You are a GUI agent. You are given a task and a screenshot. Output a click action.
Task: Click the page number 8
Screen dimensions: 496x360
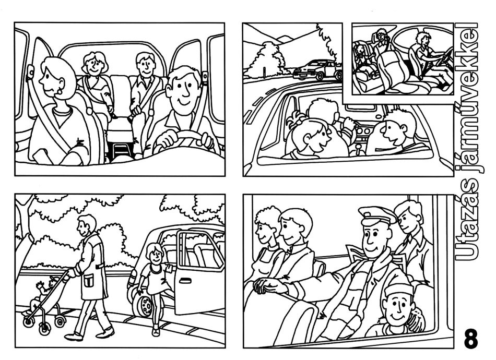pos(471,339)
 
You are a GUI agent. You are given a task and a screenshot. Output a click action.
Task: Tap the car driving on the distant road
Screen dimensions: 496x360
pos(317,69)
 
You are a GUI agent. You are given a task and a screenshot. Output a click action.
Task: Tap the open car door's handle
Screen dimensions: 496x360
pos(185,280)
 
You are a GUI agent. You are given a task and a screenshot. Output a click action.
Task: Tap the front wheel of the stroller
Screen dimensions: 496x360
pos(44,329)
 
